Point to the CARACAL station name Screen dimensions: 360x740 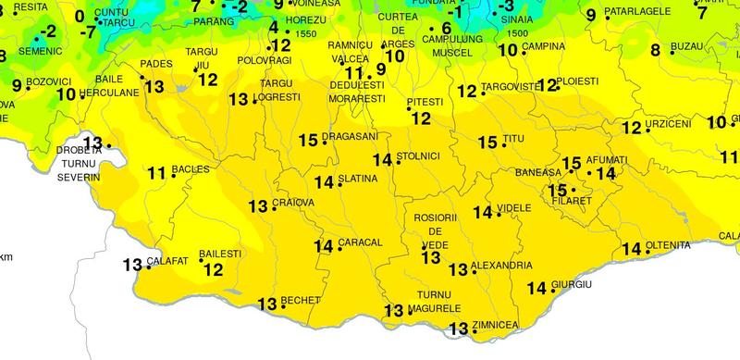pyautogui.click(x=362, y=242)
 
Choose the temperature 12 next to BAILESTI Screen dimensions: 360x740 pyautogui.click(x=214, y=270)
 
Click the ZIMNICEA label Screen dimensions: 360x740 pyautogui.click(x=495, y=325)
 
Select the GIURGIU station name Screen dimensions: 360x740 pyautogui.click(x=571, y=283)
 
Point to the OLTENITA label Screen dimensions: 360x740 pyautogui.click(x=668, y=245)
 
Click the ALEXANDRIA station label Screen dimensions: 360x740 pyautogui.click(x=501, y=266)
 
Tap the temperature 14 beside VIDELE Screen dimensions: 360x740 pyautogui.click(x=483, y=212)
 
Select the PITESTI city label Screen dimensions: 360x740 pyautogui.click(x=425, y=101)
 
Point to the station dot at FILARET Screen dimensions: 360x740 pyautogui.click(x=573, y=190)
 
